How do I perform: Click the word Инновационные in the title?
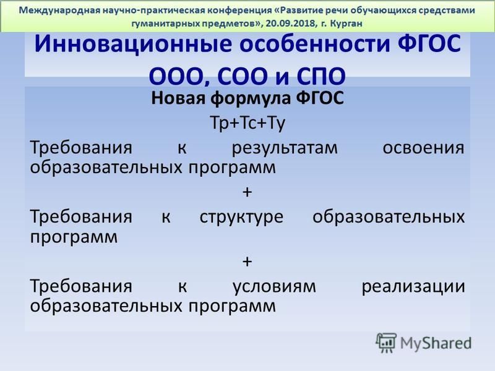132,44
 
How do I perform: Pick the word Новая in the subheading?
178,98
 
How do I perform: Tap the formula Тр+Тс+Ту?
247,122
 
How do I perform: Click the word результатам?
285,148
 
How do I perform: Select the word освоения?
423,148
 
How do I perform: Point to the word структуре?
241,218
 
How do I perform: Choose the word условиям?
274,287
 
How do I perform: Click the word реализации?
413,287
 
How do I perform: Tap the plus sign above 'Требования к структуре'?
247,192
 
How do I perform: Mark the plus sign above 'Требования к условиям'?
247,261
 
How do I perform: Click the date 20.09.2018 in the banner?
290,23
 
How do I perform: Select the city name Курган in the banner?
346,23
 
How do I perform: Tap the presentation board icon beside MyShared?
386,343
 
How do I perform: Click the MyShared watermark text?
436,343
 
